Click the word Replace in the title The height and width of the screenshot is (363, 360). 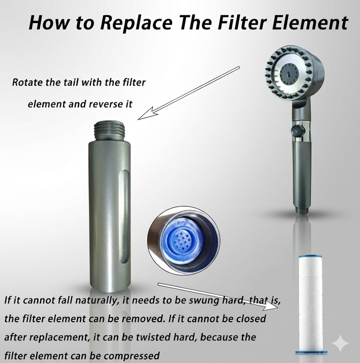[137, 23]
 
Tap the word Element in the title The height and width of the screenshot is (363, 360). [310, 22]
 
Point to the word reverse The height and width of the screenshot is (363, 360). [106, 104]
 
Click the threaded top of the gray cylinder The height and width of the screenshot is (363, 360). [110, 131]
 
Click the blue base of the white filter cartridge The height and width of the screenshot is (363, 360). [311, 353]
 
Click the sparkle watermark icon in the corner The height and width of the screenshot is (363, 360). [340, 343]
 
